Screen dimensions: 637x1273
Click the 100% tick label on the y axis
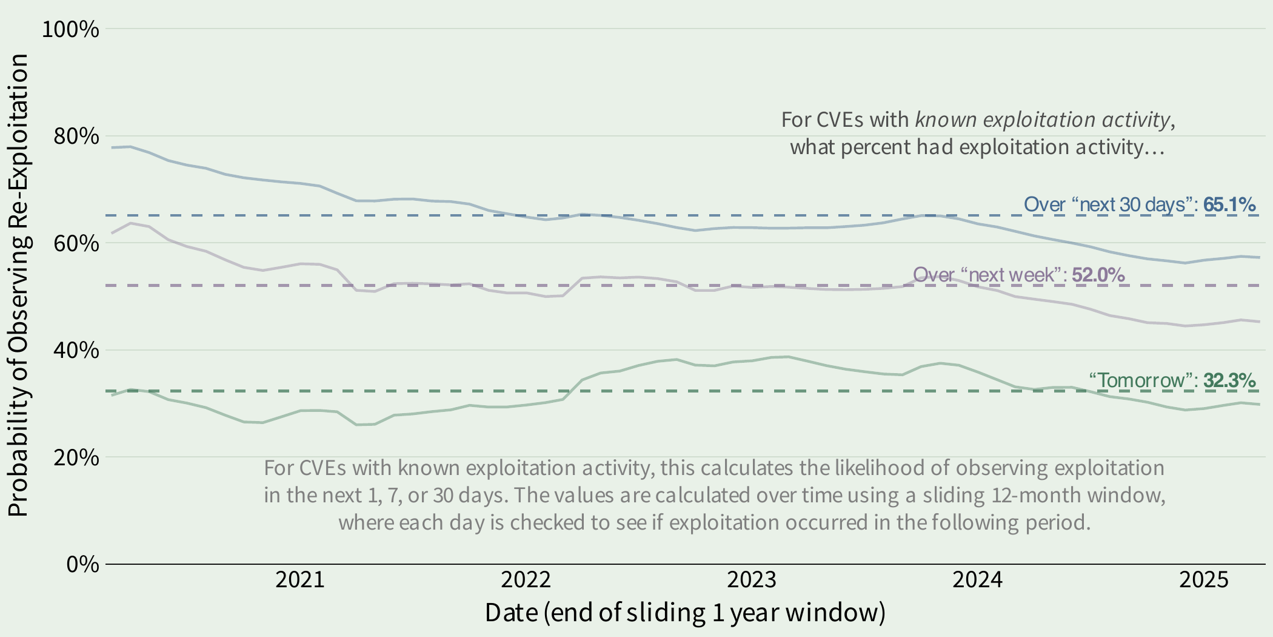tap(70, 29)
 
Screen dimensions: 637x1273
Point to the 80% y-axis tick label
tap(76, 136)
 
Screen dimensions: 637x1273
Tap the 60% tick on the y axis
tap(76, 243)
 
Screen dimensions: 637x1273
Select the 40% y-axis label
tap(76, 350)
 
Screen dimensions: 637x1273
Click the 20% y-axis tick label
tap(76, 457)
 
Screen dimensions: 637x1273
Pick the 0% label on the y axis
tap(82, 564)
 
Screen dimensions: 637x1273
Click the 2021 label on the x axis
tap(300, 580)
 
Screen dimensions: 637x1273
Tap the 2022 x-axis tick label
tap(526, 580)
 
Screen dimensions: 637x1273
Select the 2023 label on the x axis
tap(752, 580)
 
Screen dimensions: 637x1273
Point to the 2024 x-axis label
tap(977, 580)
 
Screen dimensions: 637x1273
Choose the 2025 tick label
tap(1203, 580)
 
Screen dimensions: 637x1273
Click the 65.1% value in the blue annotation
tap(1229, 204)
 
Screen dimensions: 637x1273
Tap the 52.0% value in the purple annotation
tap(1098, 275)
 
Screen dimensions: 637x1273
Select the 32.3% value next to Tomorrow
tap(1229, 380)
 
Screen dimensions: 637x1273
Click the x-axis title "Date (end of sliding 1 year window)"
tap(685, 613)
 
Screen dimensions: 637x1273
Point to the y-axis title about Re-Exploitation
tap(18, 285)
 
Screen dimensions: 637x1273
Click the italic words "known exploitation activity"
tap(1042, 120)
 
